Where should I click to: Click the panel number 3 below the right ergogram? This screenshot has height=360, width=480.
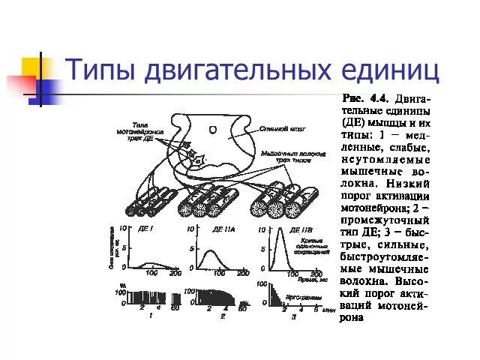click(x=295, y=316)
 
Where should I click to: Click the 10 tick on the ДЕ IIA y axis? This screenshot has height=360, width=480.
click(x=190, y=229)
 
